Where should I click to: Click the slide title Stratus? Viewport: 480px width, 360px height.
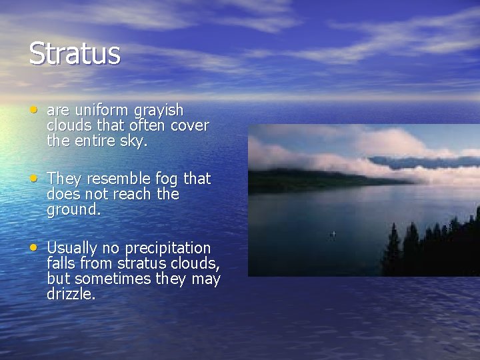75,53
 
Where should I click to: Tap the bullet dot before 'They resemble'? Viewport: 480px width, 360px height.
33,178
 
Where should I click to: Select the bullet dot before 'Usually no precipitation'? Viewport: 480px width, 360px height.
33,247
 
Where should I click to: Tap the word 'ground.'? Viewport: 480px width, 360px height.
73,210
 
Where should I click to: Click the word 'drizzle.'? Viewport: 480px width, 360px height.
71,294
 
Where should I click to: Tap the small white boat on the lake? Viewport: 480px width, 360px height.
333,234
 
